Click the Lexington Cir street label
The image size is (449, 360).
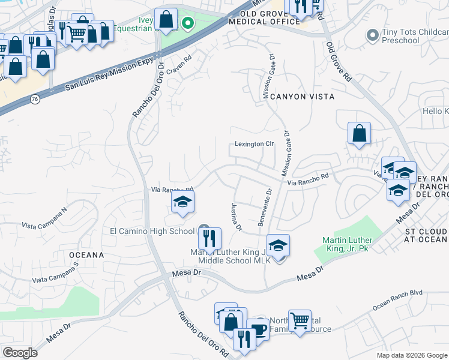[x=254, y=144]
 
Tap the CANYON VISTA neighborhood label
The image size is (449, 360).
[x=301, y=96]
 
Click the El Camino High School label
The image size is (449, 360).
[x=152, y=231]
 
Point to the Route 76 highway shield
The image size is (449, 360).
[x=35, y=99]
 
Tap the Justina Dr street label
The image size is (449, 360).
[x=235, y=217]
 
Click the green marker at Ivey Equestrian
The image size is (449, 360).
[x=188, y=24]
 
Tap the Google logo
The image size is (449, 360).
[x=20, y=352]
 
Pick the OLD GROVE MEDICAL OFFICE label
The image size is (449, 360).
[x=270, y=17]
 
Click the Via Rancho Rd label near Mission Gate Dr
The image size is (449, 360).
[x=308, y=179]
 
